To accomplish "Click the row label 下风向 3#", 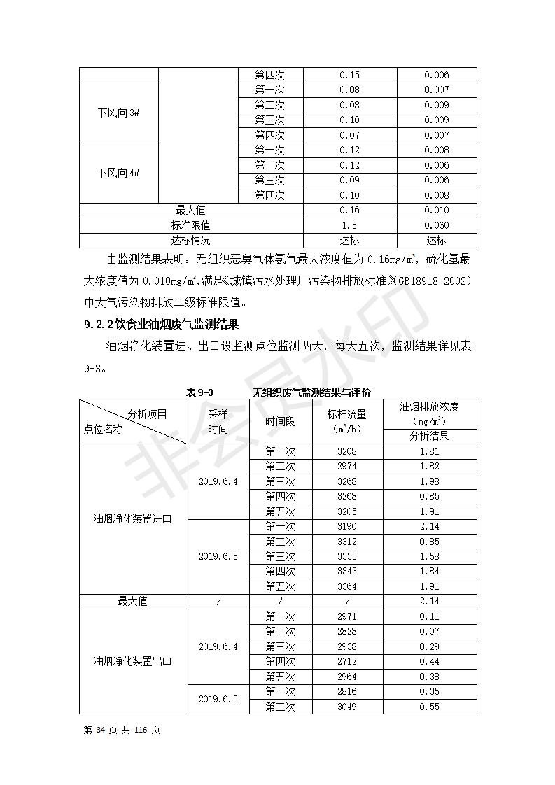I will coord(118,113).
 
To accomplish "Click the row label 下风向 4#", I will coord(118,173).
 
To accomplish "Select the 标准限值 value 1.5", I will coord(349,225).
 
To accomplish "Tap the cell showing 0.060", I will coord(437,225).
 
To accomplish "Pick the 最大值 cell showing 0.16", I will coord(349,211).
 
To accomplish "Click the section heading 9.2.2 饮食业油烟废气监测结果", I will coord(161,325).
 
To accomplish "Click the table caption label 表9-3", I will coord(199,392).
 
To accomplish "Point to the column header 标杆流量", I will coord(347,414).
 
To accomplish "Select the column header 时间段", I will coord(280,421).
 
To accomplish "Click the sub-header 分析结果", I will coord(429,436).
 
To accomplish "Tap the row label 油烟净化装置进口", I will coord(132,518).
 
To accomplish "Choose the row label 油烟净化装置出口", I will coord(132,661).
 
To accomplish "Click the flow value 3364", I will coord(347,586).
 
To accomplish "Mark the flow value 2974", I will coord(347,467).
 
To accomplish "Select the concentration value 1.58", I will coord(429,556).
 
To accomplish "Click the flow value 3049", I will coord(347,707).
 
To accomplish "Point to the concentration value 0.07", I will coord(429,632).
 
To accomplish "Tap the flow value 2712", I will coord(347,662).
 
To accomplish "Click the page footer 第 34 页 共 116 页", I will coord(122,730).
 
